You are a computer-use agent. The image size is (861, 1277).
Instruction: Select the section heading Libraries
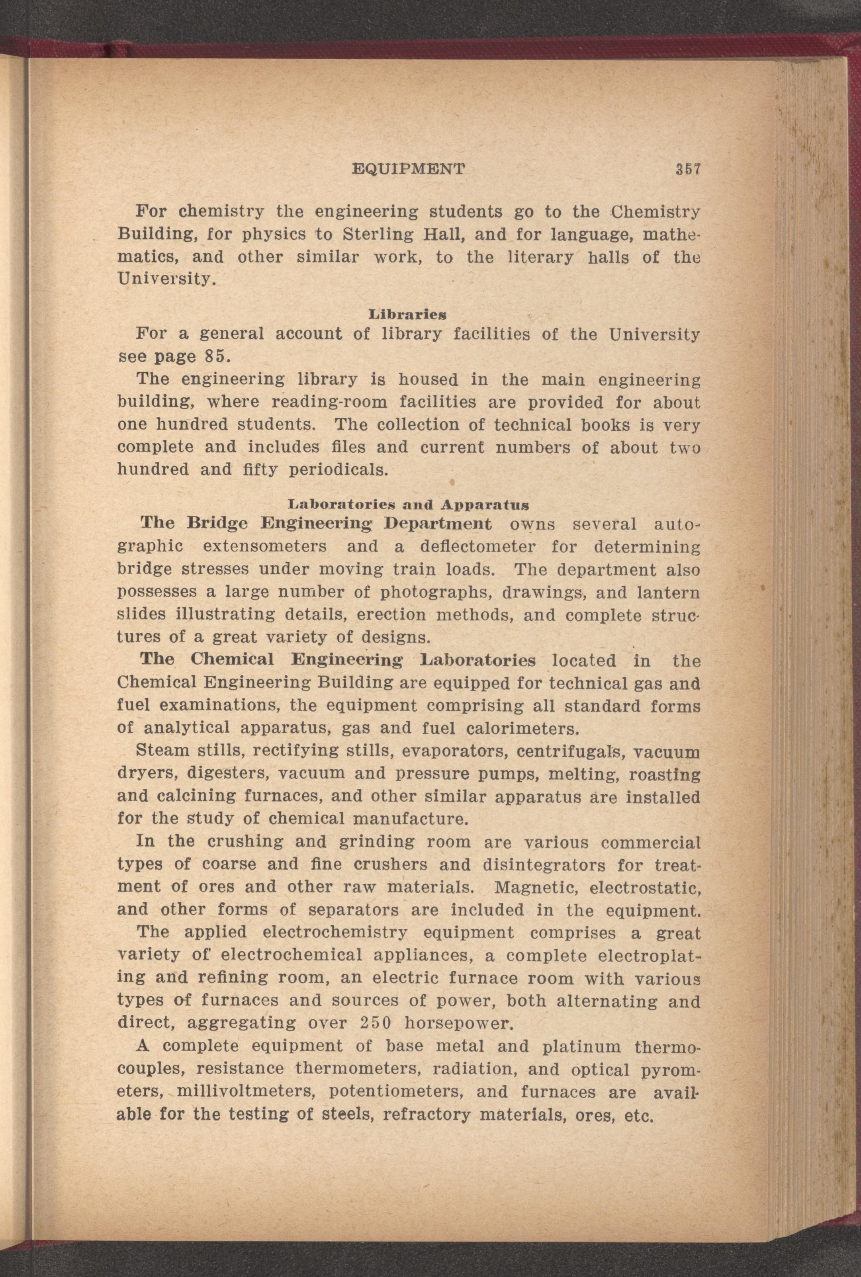pos(407,315)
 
